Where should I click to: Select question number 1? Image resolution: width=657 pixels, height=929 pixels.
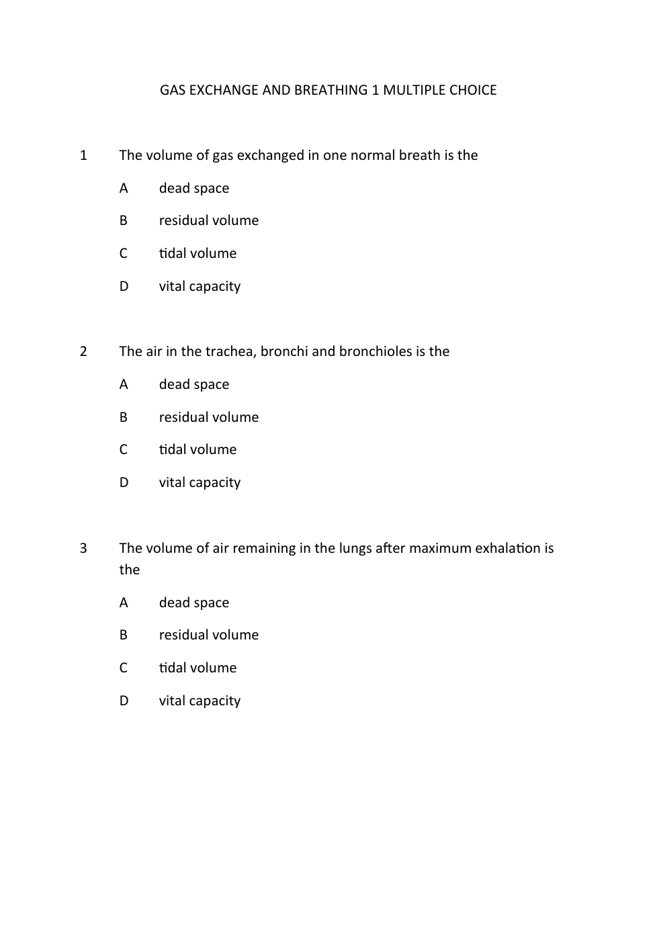[x=83, y=155]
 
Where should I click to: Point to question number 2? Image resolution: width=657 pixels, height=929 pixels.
[x=83, y=351]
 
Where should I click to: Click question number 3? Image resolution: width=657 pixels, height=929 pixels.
[x=83, y=548]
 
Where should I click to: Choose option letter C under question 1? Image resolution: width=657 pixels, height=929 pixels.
[x=124, y=253]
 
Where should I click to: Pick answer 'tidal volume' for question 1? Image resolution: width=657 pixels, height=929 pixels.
[x=198, y=253]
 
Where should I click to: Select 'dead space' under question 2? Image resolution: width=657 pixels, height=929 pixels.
[x=194, y=384]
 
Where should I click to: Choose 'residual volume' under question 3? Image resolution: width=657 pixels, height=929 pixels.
[x=209, y=635]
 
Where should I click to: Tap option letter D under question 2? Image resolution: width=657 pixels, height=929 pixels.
[x=124, y=482]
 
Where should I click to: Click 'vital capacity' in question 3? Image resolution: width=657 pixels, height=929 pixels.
[x=200, y=701]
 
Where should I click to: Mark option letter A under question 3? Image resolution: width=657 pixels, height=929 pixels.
[x=124, y=603]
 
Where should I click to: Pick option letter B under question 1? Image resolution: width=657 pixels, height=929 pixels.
[x=124, y=220]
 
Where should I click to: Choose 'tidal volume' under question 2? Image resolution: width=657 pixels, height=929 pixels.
[x=198, y=449]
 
